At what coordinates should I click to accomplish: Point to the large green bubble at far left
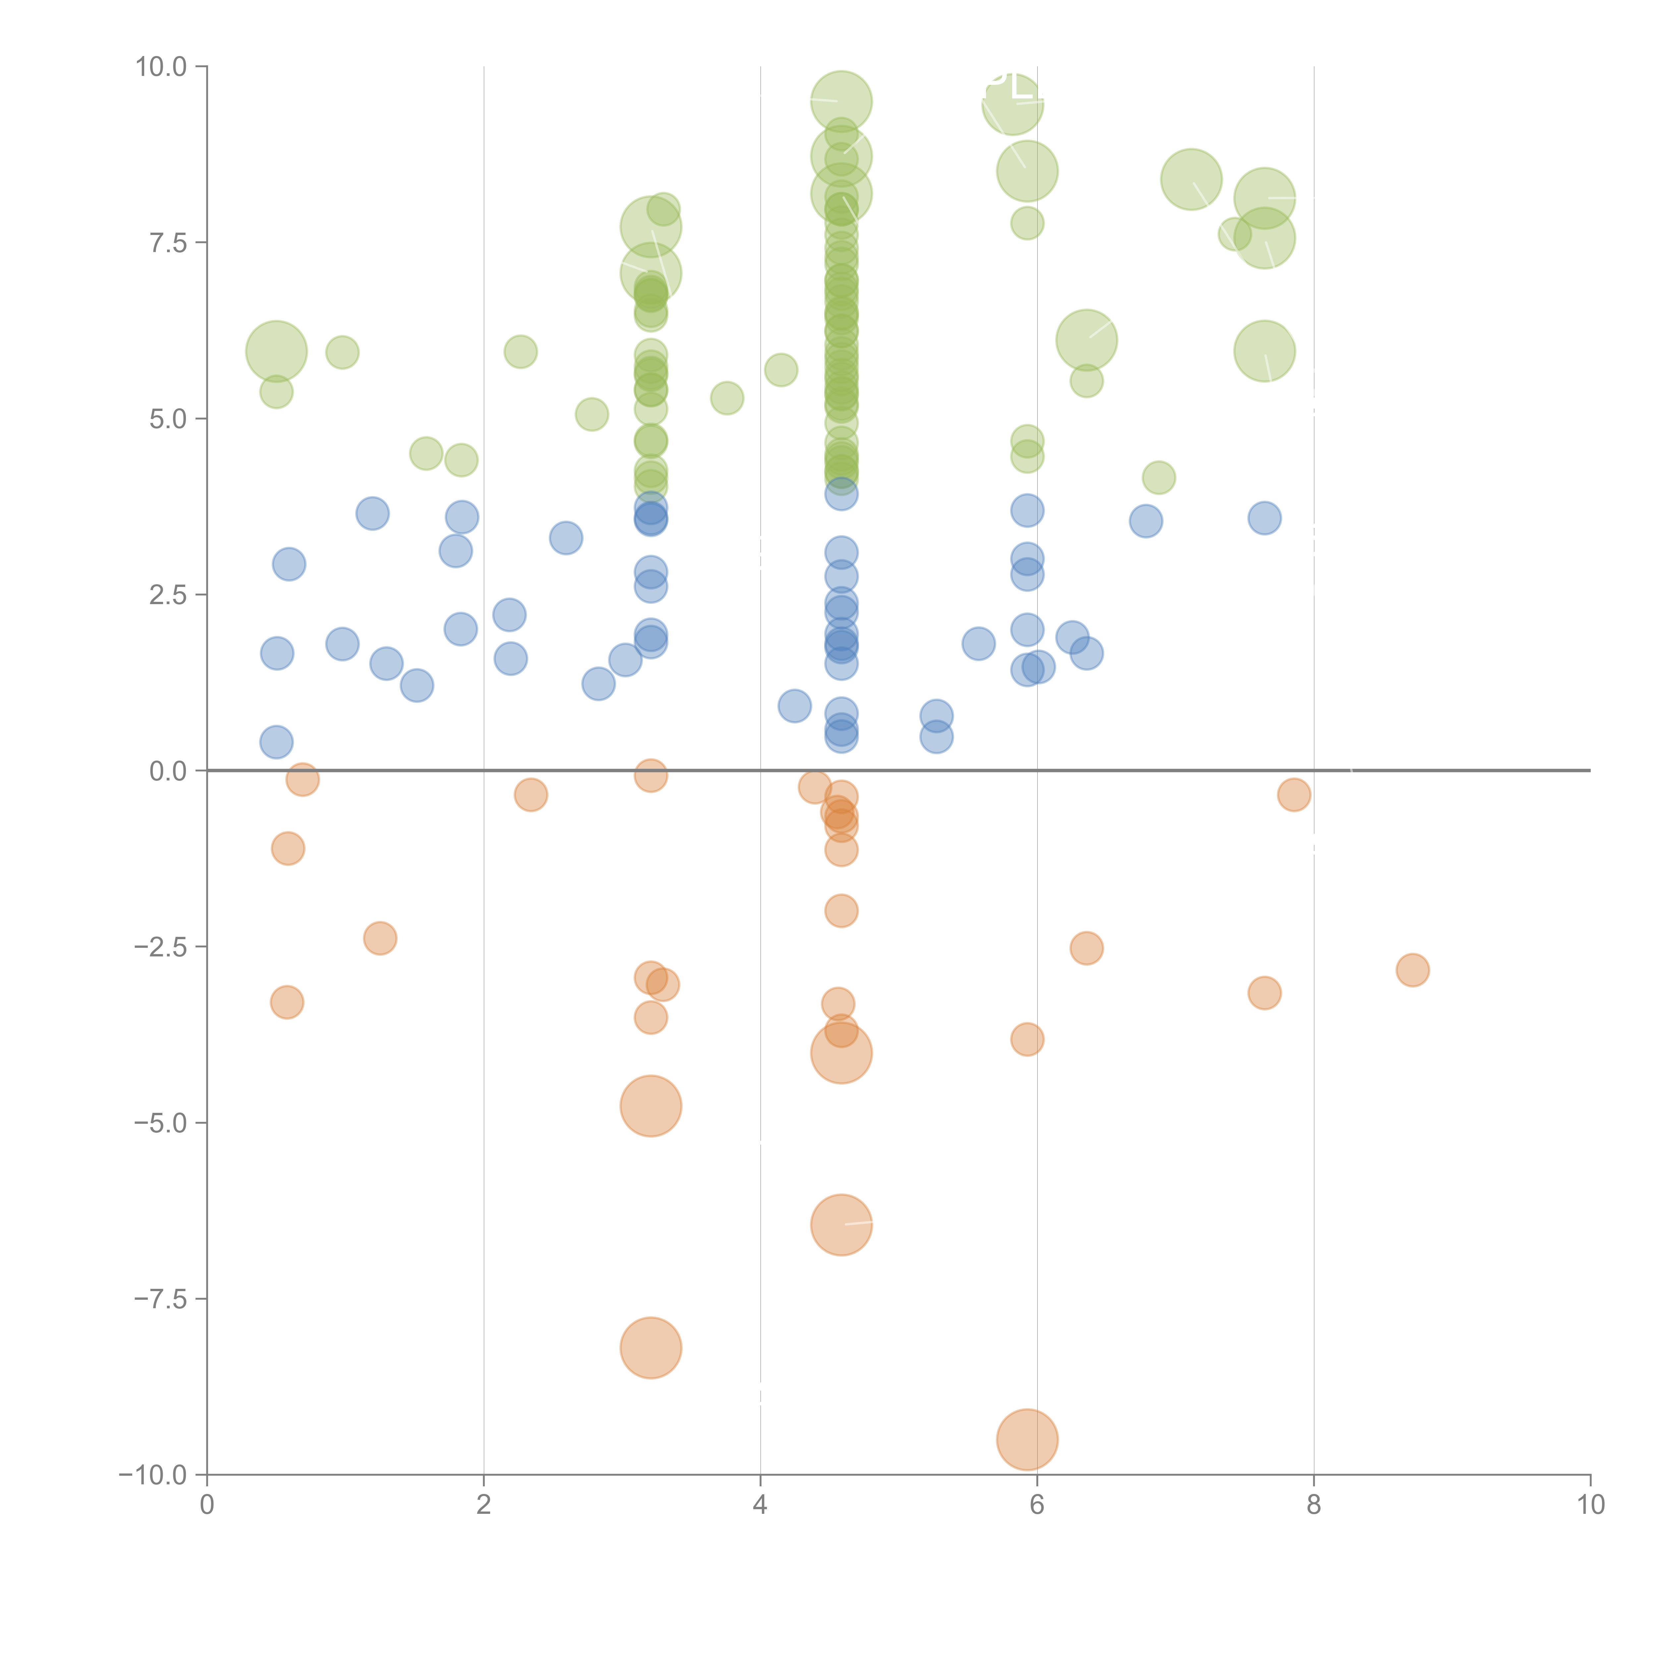pyautogui.click(x=275, y=351)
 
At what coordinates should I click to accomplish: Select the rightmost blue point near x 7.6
pyautogui.click(x=1264, y=518)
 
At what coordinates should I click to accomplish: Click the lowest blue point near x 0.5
pyautogui.click(x=276, y=742)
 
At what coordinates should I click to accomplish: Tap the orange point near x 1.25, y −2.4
pyautogui.click(x=380, y=938)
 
